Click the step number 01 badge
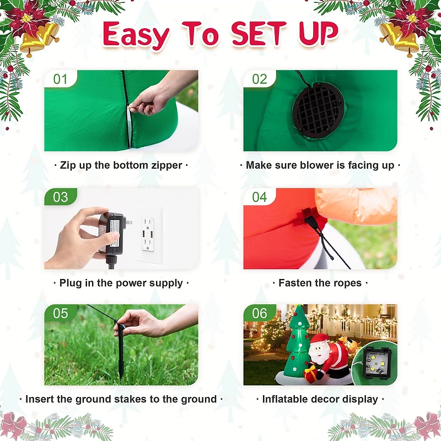pos(61,78)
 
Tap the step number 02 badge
pos(259,78)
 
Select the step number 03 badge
pos(61,197)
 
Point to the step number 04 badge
pos(259,197)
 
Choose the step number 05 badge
pos(61,313)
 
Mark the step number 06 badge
pos(259,313)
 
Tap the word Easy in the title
pos(136,35)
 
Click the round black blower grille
pos(318,110)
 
